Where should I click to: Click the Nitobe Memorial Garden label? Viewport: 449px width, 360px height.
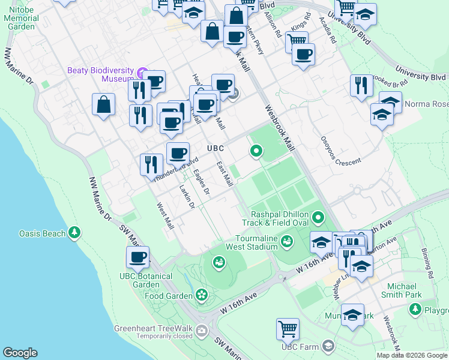(x=22, y=19)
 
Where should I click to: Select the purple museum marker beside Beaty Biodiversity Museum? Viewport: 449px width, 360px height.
(x=142, y=74)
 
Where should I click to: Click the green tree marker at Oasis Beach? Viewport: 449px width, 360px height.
(x=74, y=232)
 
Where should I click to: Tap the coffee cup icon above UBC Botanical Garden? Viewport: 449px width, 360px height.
(x=137, y=257)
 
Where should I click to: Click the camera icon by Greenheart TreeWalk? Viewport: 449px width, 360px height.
(x=201, y=329)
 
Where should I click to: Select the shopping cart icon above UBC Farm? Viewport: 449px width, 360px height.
(x=288, y=329)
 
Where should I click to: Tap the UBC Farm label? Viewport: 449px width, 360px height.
(x=302, y=346)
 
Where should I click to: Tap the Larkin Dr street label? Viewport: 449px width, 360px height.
(x=187, y=197)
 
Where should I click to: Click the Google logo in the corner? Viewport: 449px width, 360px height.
(x=20, y=353)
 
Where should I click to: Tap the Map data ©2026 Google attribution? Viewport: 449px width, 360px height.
(x=412, y=355)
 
